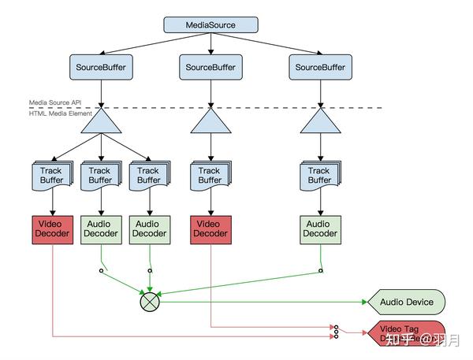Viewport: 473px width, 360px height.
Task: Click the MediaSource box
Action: [210, 25]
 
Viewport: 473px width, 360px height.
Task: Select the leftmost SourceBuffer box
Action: [100, 68]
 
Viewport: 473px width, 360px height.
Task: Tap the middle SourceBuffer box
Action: [210, 68]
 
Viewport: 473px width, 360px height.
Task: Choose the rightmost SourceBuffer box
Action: [319, 68]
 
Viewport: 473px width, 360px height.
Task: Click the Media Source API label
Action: [55, 102]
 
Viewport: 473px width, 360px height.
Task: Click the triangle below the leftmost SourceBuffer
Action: [100, 123]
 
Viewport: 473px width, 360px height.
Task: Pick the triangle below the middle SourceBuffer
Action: [210, 123]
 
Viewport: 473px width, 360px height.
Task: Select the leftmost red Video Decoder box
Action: [52, 228]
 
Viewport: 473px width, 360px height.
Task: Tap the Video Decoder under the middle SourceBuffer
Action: [210, 228]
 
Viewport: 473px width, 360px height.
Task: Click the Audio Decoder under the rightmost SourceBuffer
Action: [319, 228]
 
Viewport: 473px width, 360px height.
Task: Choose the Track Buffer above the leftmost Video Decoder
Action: [52, 175]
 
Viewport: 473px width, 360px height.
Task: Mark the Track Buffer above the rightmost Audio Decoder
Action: [319, 175]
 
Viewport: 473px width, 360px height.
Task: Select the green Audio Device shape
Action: [406, 302]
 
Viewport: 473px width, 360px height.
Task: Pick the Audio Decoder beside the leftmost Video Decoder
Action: [100, 228]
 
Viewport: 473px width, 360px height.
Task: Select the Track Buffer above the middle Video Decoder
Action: [210, 175]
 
